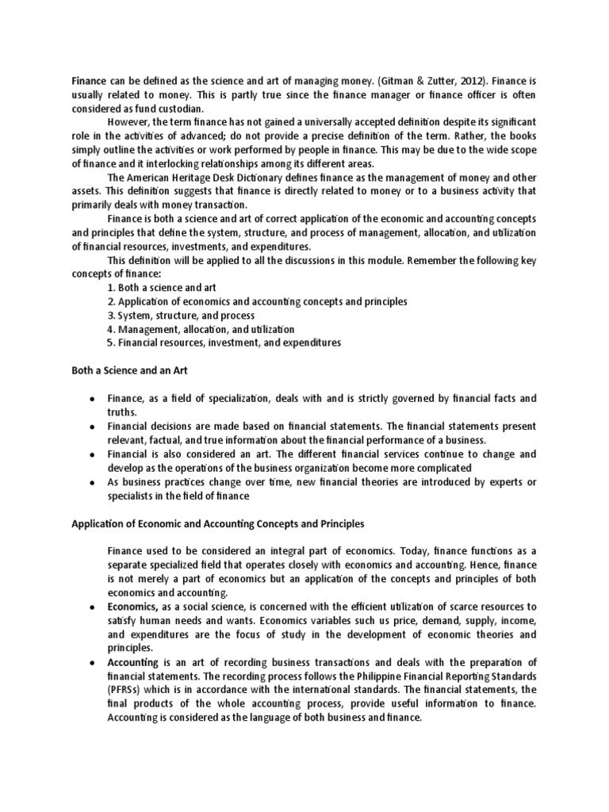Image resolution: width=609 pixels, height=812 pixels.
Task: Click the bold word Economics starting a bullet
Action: click(x=132, y=607)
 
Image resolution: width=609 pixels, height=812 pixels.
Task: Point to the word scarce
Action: click(x=446, y=607)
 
